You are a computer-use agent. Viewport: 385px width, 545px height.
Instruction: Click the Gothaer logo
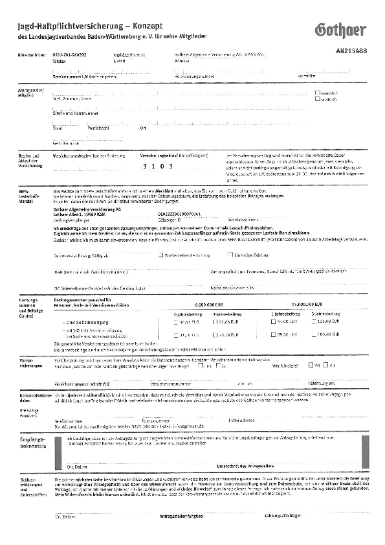pos(340,29)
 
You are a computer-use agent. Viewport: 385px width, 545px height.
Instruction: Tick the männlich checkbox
pos(317,93)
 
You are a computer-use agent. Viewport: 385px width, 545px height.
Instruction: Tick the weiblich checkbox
pos(317,99)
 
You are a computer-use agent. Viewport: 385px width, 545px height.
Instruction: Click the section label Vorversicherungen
pos(30,362)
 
